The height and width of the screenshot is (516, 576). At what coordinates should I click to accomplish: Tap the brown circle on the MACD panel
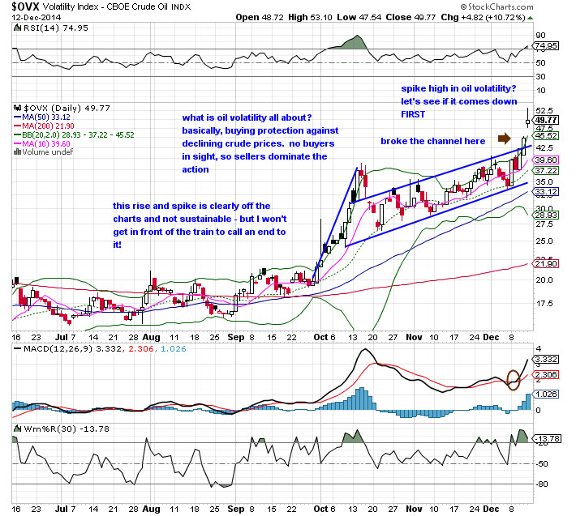[514, 379]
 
